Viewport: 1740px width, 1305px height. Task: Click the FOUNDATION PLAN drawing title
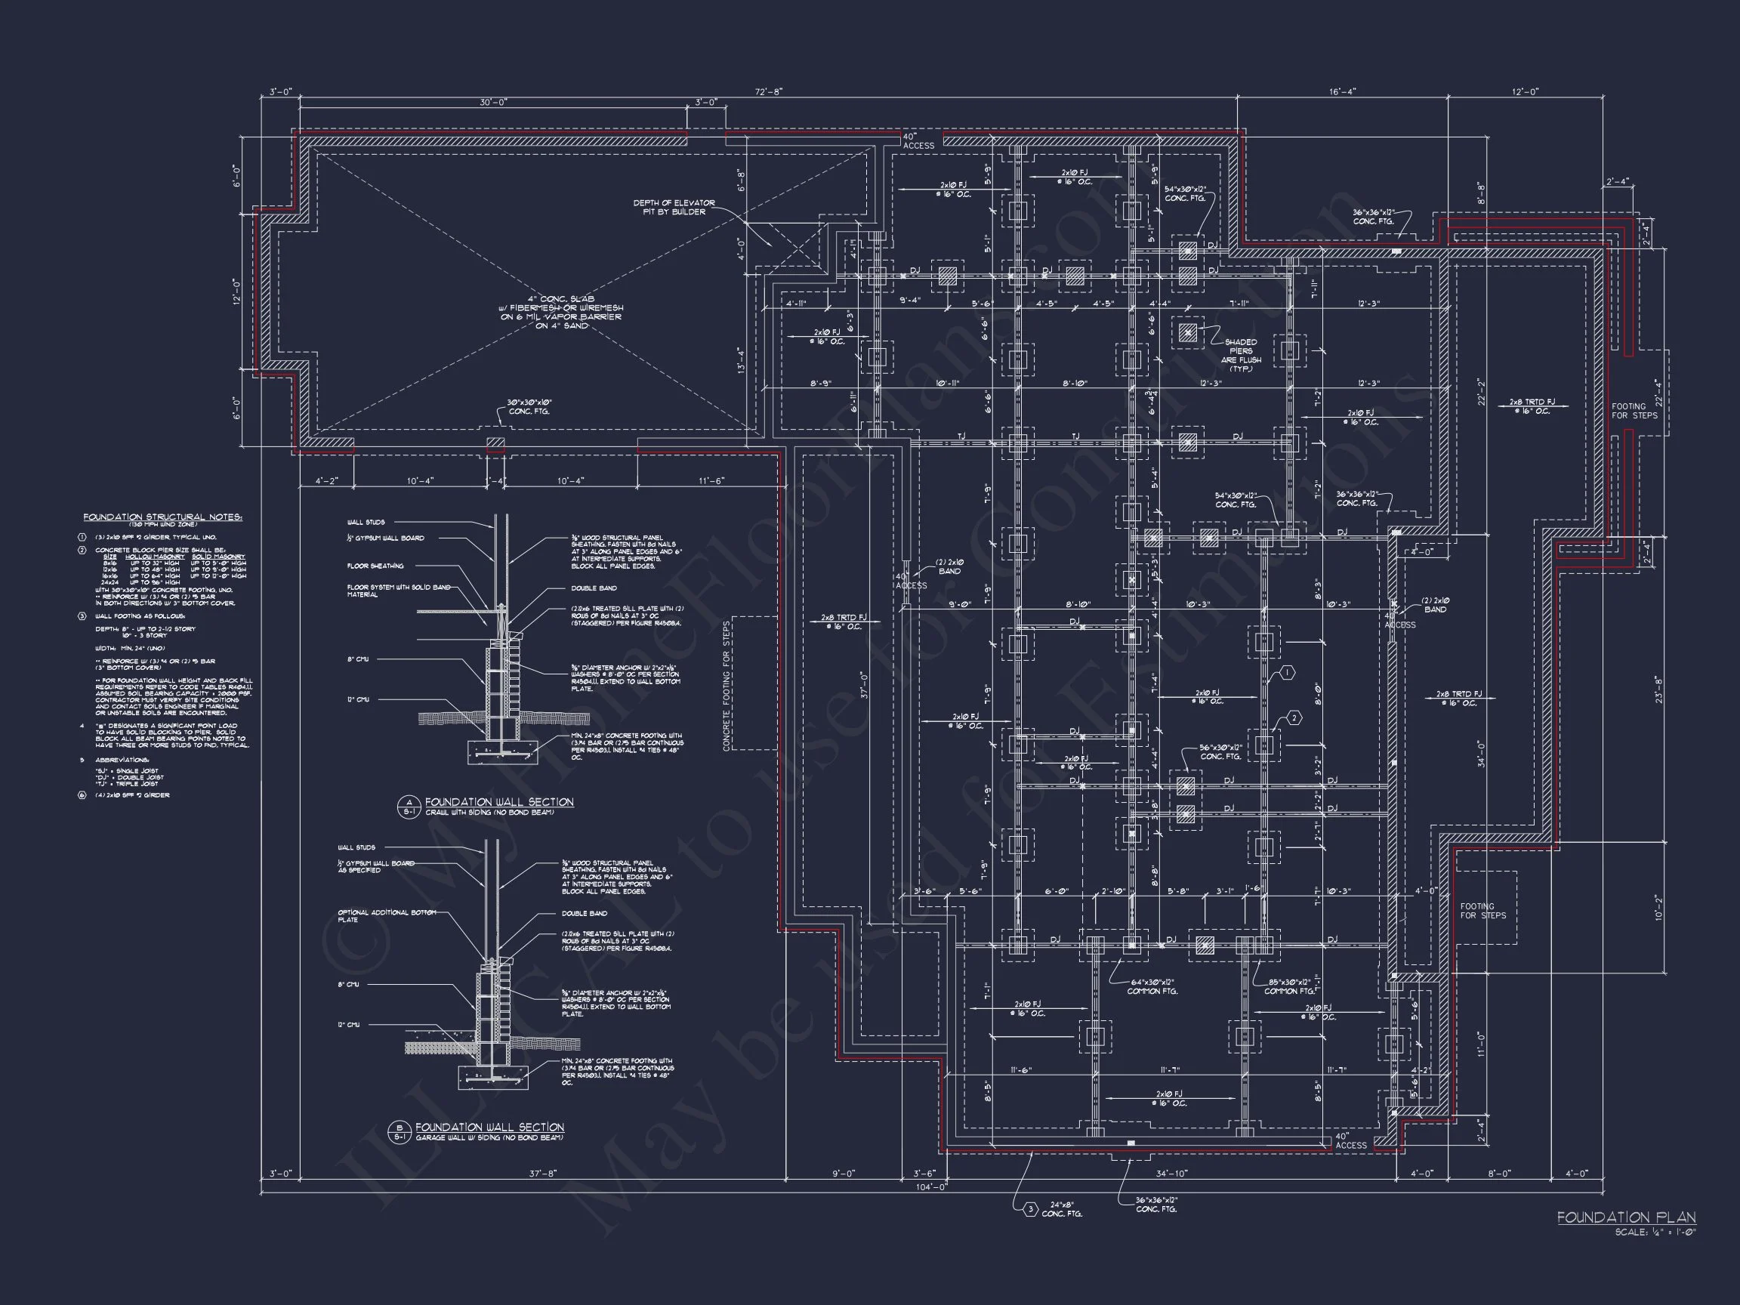click(1626, 1217)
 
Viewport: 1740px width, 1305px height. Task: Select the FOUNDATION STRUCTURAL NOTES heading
click(163, 517)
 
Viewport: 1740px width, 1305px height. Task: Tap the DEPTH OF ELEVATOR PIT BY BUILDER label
click(674, 207)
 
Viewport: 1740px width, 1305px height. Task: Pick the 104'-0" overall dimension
click(931, 1186)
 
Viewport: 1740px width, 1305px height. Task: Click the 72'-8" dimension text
click(768, 91)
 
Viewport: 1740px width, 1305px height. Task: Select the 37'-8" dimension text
click(542, 1174)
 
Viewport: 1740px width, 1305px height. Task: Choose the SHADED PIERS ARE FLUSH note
click(1241, 356)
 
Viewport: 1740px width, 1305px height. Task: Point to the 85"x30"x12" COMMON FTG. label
click(1291, 986)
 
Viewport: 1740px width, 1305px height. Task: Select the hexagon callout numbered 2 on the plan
click(1294, 718)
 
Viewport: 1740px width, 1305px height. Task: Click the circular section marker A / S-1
click(409, 807)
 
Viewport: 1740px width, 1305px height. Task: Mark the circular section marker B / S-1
click(399, 1132)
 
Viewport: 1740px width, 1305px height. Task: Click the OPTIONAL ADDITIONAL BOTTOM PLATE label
click(385, 915)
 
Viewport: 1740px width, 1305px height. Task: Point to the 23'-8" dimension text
click(1658, 689)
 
